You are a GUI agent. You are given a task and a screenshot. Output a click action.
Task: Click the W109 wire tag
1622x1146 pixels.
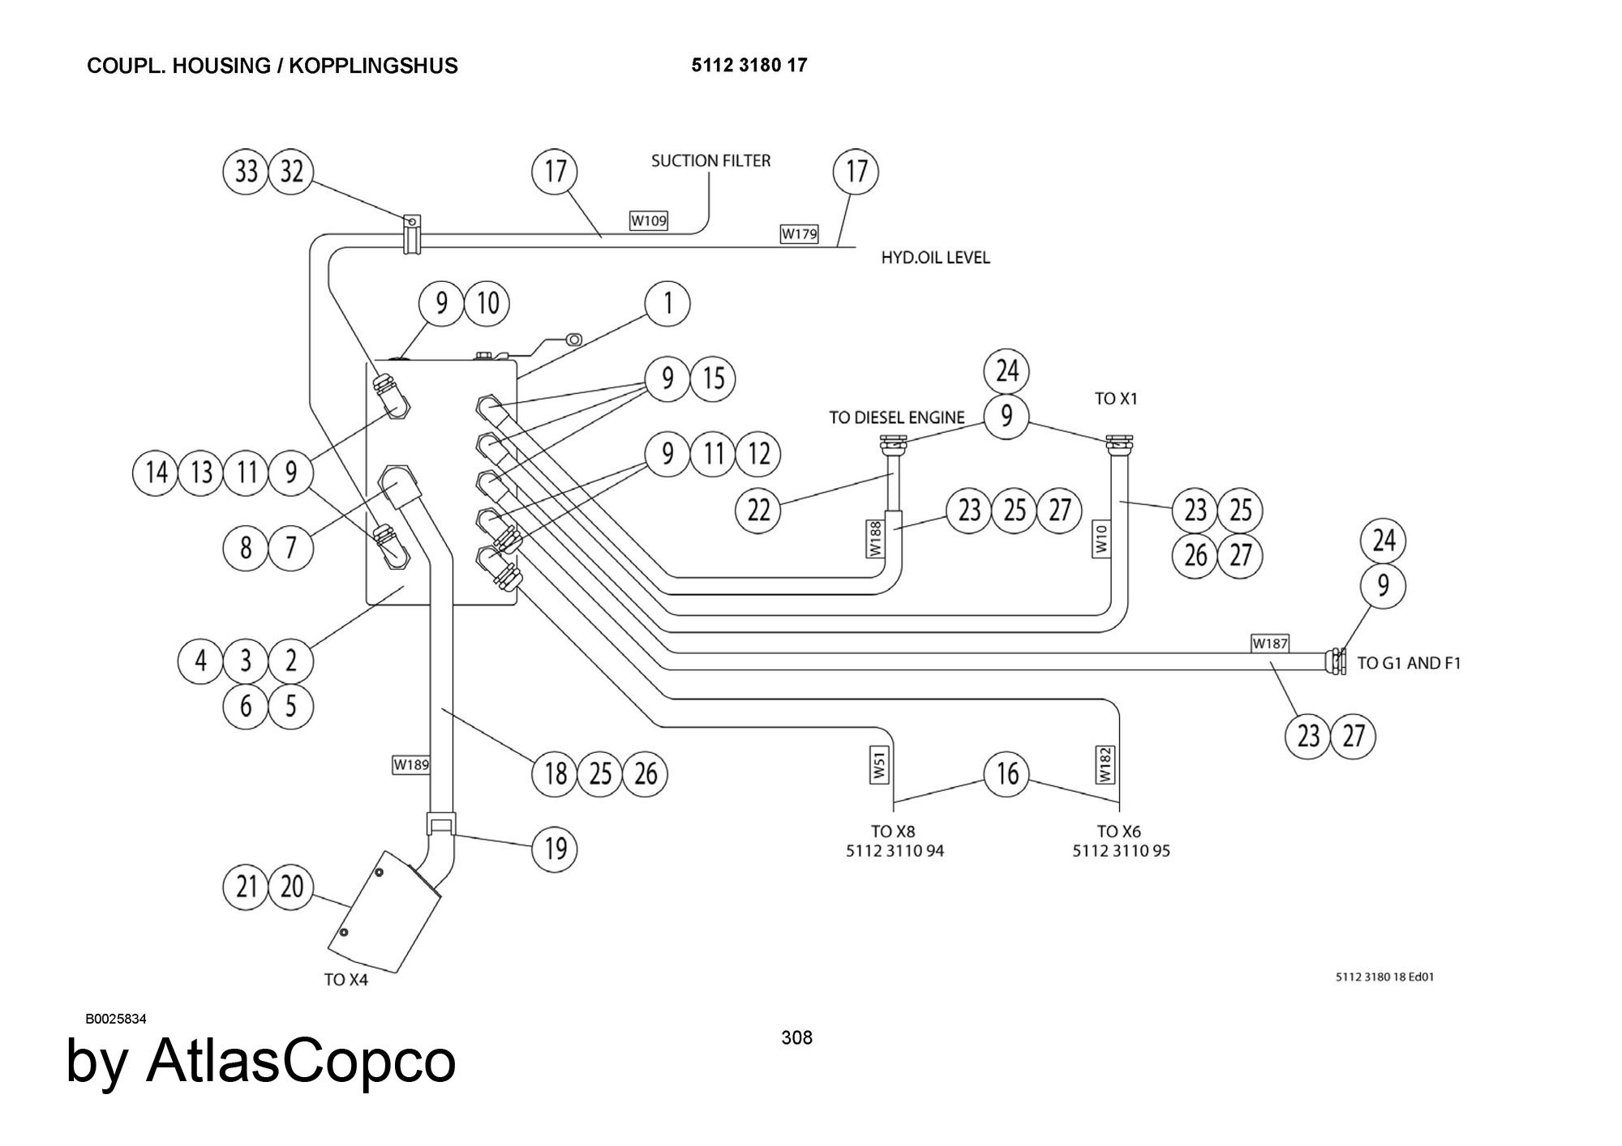tap(649, 220)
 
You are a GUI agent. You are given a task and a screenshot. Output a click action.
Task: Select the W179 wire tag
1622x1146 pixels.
tap(799, 233)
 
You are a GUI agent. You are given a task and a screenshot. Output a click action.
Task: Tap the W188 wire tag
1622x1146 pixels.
tap(875, 539)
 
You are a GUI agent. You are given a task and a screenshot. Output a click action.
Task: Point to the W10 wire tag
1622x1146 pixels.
tap(1101, 539)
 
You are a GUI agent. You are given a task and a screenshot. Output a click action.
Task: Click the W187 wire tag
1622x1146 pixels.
tap(1270, 644)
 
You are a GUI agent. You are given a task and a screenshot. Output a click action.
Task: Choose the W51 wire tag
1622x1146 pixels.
tap(880, 764)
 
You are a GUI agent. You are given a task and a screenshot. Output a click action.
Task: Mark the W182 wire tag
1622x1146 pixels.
tap(1105, 764)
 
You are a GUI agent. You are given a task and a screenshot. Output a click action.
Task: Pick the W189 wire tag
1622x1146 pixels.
tap(411, 764)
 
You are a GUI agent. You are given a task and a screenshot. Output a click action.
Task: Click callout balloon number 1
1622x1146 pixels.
tap(667, 304)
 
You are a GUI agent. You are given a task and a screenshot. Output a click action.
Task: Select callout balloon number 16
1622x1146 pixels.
tap(1006, 774)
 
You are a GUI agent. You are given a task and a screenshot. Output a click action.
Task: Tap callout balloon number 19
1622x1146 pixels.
tap(555, 849)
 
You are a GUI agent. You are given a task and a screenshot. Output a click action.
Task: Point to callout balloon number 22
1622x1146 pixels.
tap(757, 511)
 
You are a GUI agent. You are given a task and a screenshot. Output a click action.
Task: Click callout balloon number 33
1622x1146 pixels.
tap(246, 172)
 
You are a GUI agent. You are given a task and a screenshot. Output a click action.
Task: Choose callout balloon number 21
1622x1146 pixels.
tap(246, 887)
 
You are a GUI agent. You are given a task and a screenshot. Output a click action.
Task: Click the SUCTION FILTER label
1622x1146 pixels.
tap(710, 160)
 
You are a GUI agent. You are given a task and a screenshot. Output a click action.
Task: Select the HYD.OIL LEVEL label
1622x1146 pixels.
tap(935, 258)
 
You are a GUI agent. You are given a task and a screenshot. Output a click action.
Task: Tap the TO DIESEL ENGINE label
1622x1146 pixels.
tap(896, 417)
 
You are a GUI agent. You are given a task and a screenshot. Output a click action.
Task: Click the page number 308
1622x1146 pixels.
tap(796, 1037)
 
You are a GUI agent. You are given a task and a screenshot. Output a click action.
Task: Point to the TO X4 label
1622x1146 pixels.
tap(345, 980)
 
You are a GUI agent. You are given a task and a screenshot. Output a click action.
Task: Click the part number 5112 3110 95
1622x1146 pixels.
tap(1121, 851)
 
